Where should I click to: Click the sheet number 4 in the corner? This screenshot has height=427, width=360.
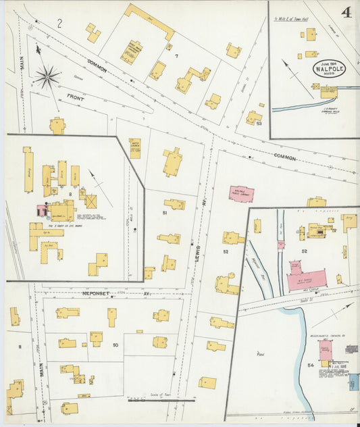coord(346,11)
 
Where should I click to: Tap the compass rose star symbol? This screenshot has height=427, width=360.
coord(47,77)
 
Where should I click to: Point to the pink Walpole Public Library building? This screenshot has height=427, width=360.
coord(241,193)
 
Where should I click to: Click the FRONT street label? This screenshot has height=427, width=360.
coord(76,98)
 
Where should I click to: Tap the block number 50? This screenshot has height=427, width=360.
coord(116,345)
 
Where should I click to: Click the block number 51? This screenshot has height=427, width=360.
coord(164,213)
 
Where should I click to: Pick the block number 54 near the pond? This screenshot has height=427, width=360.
coord(311,366)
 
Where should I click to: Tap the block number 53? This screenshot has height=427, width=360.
coord(258,124)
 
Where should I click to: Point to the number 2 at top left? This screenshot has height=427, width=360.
coord(59,24)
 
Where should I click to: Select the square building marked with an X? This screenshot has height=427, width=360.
coord(90,201)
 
